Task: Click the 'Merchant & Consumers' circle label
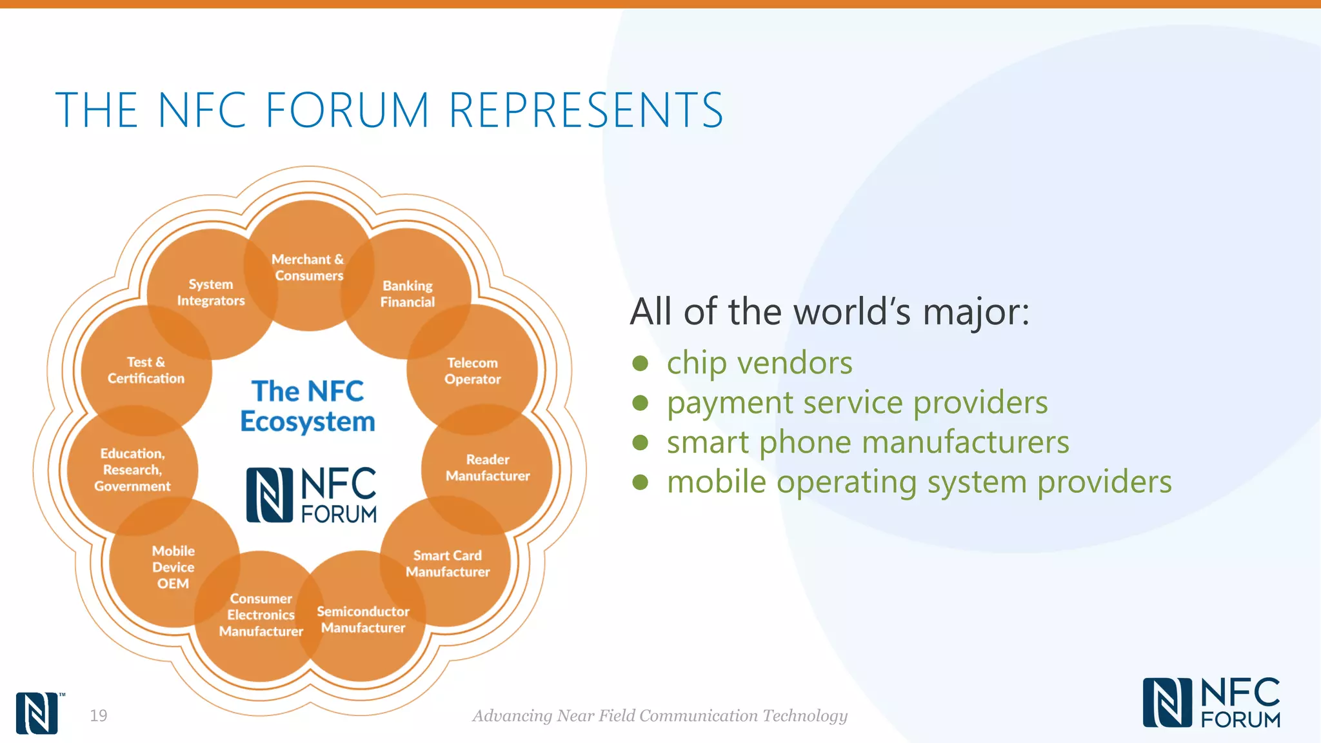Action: click(308, 267)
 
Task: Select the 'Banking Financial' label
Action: click(408, 293)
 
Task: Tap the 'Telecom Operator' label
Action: click(472, 371)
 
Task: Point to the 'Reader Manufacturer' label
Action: click(488, 468)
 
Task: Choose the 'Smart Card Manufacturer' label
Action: click(448, 564)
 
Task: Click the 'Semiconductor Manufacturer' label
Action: click(363, 619)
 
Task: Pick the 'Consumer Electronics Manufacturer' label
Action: click(261, 615)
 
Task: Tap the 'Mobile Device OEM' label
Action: click(174, 567)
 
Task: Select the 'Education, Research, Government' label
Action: click(132, 470)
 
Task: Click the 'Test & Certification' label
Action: click(146, 370)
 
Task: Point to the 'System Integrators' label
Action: click(211, 292)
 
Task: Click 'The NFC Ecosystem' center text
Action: click(308, 406)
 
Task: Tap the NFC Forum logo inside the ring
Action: click(312, 495)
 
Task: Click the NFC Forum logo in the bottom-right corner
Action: click(1211, 702)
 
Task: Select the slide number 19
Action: click(99, 715)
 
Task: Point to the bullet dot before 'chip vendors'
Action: click(640, 363)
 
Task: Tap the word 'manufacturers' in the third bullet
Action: click(965, 442)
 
